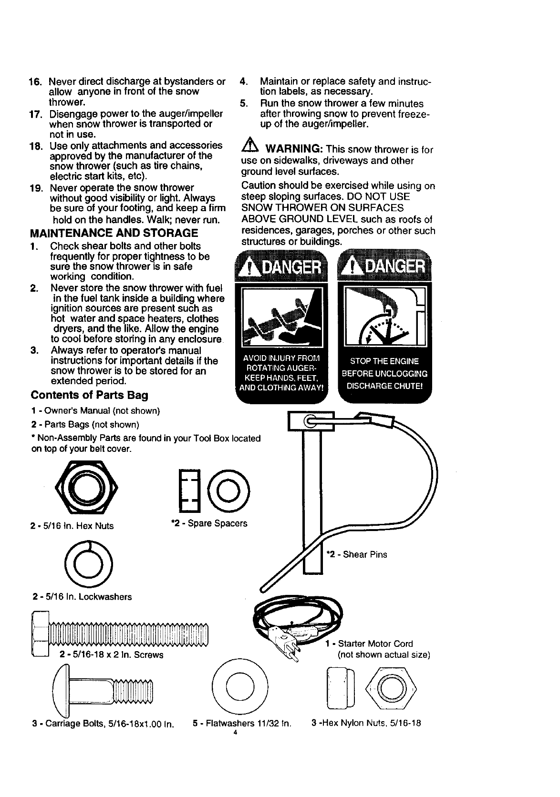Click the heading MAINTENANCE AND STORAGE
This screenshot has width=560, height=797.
pos(114,233)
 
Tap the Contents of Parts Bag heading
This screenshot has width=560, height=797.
pos(89,395)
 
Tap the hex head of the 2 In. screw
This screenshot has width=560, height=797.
pos(39,634)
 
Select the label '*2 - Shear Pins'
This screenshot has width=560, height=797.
pos(356,554)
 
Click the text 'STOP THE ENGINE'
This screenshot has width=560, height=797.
pos(384,361)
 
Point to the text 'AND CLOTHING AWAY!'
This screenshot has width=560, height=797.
pos(281,388)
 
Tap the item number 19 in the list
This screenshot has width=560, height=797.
pos(37,188)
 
